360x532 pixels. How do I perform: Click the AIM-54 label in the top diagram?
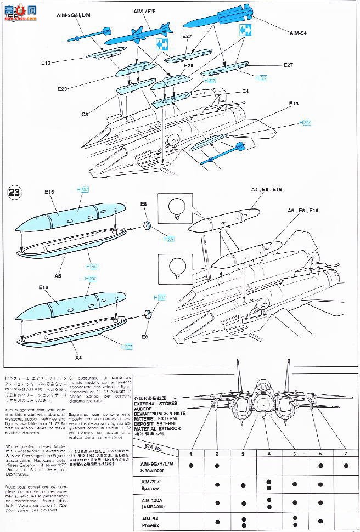coord(300,32)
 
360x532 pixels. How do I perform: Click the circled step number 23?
coord(13,193)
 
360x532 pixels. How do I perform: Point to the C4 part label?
coord(246,92)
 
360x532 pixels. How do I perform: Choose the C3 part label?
coord(85,114)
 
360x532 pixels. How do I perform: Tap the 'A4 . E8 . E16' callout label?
coord(267,189)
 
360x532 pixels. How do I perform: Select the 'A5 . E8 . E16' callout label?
coord(303,210)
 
